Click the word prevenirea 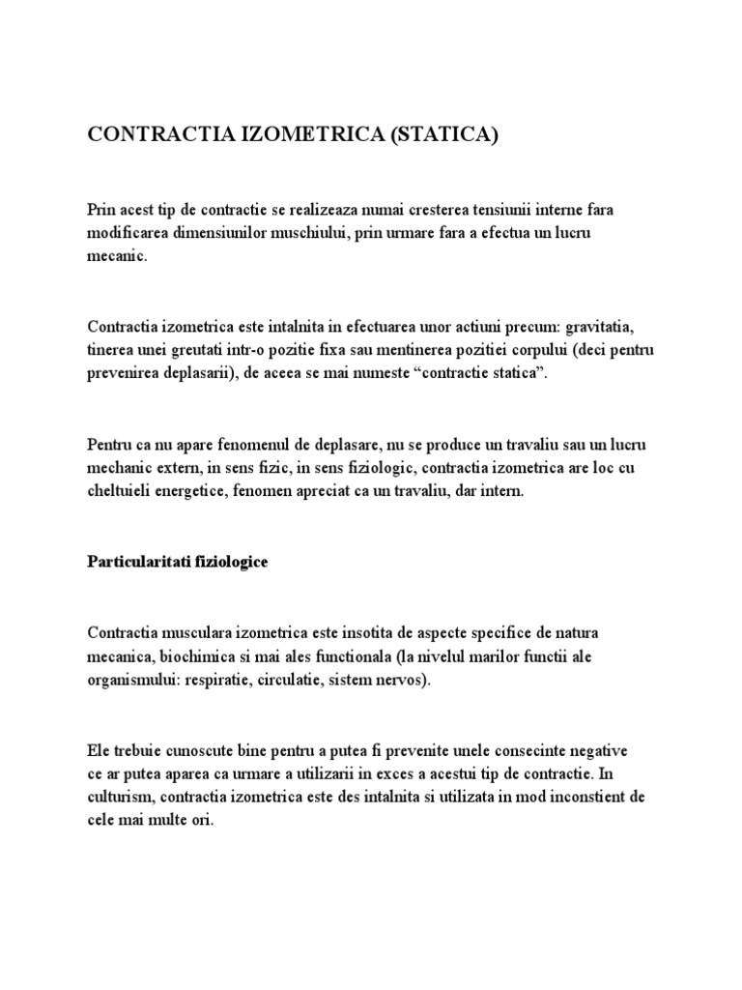[125, 373]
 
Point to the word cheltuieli [121, 491]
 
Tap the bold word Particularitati [134, 562]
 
